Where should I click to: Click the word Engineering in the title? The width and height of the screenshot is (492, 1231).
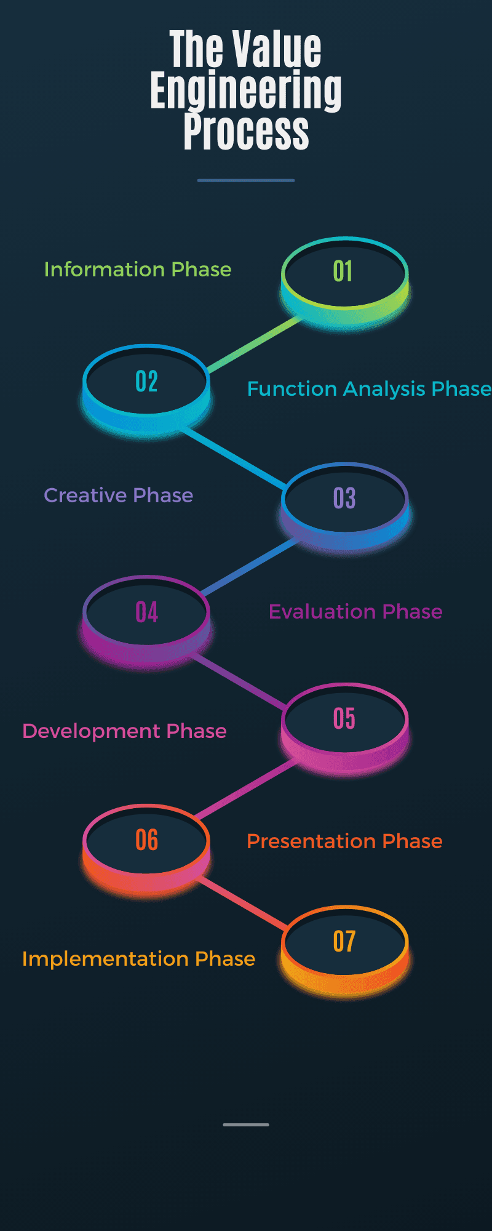pyautogui.click(x=246, y=90)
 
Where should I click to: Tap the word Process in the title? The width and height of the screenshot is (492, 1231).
pyautogui.click(x=246, y=130)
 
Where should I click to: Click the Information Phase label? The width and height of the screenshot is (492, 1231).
pyautogui.click(x=138, y=270)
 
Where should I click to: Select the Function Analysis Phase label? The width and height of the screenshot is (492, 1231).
pyautogui.click(x=369, y=389)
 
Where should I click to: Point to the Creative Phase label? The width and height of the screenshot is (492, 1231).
pyautogui.click(x=119, y=495)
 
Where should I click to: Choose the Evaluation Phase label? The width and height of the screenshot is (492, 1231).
pyautogui.click(x=355, y=612)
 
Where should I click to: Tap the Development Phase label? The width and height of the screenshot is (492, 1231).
pyautogui.click(x=124, y=731)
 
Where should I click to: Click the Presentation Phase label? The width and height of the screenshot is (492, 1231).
pyautogui.click(x=344, y=841)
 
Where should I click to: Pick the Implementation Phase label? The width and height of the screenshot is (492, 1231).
pyautogui.click(x=138, y=959)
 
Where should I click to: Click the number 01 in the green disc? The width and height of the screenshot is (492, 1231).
pyautogui.click(x=343, y=271)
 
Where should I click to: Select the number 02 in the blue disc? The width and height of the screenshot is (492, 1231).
pyautogui.click(x=147, y=382)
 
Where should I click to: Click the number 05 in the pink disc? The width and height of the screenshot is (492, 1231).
pyautogui.click(x=344, y=719)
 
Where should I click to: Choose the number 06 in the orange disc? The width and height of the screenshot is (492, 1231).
pyautogui.click(x=147, y=840)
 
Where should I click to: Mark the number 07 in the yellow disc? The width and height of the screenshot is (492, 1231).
pyautogui.click(x=344, y=942)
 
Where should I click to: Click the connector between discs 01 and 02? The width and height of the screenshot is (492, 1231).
pyautogui.click(x=253, y=345)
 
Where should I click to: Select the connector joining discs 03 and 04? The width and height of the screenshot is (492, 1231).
pyautogui.click(x=249, y=567)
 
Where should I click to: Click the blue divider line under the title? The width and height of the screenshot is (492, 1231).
pyautogui.click(x=246, y=180)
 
